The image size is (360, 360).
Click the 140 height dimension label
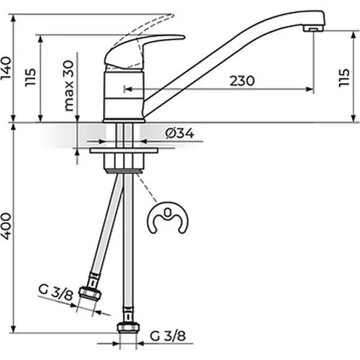point(6,68)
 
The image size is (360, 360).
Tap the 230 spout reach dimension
point(242,81)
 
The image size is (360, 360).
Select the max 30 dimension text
point(68,86)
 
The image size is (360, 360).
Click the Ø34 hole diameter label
point(179,133)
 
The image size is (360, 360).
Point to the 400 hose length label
point(6,226)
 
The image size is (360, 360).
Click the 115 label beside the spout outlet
point(343,78)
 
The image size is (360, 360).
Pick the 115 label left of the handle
point(30,77)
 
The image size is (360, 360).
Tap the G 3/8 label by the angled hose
point(55,293)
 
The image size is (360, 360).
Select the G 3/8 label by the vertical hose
point(168,336)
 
